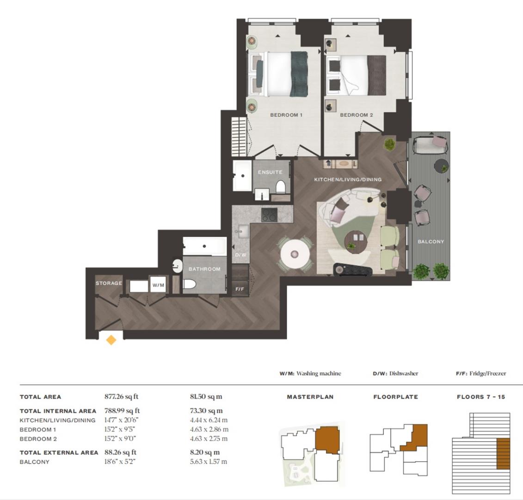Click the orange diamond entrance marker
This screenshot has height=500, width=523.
[x=111, y=340]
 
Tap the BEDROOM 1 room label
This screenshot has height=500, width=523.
[x=286, y=115]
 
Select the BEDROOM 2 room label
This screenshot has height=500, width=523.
[x=357, y=115]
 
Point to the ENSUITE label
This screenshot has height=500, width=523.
[x=270, y=172]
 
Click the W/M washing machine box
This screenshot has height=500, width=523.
[x=158, y=286]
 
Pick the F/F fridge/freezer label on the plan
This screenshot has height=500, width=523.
[x=240, y=289]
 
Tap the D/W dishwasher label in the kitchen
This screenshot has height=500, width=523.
[x=240, y=255]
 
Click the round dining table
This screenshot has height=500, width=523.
[x=295, y=253]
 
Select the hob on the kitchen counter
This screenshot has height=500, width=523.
[x=269, y=215]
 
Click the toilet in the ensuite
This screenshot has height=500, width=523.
[x=280, y=187]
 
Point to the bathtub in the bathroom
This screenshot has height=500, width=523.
[x=204, y=246]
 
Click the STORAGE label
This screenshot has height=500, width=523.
[x=109, y=283]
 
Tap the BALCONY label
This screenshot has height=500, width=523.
[x=431, y=242]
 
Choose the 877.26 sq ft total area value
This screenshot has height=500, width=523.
[x=122, y=397]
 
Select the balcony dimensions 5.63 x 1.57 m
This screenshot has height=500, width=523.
[x=209, y=462]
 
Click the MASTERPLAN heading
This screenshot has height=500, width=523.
[x=310, y=397]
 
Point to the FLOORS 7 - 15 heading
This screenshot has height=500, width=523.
[x=481, y=397]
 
